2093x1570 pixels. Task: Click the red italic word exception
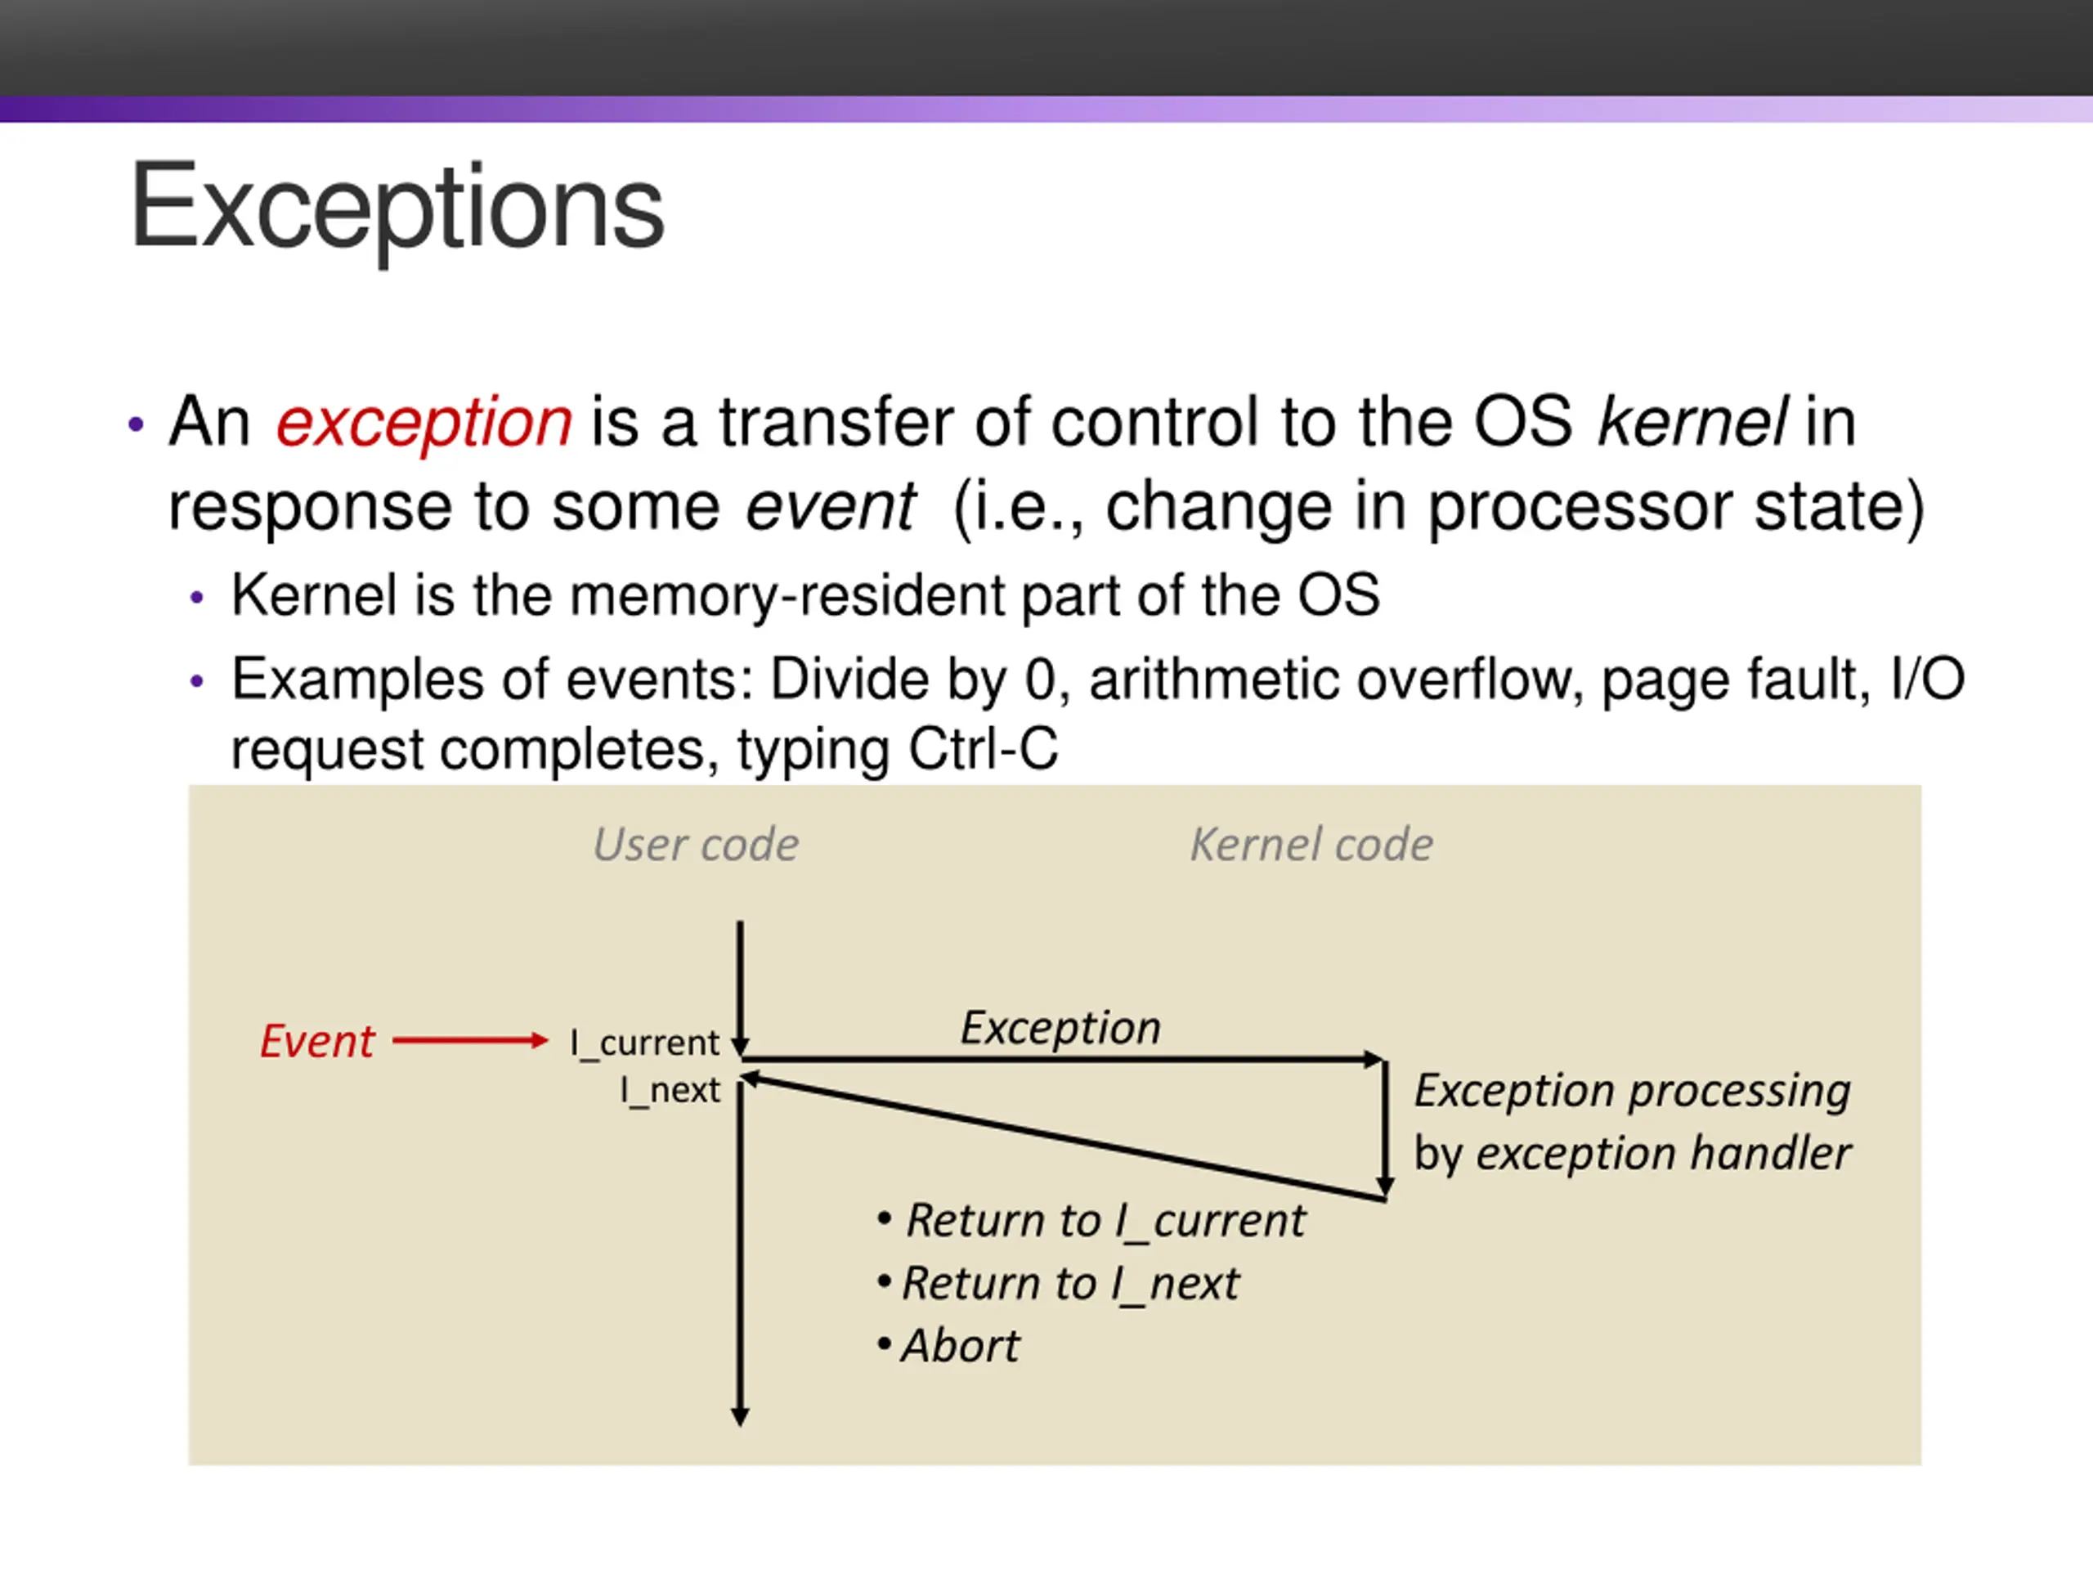pyautogui.click(x=424, y=423)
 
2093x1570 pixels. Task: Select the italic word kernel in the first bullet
pyautogui.click(x=1692, y=421)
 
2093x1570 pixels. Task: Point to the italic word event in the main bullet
pyautogui.click(x=831, y=507)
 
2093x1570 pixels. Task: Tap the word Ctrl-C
pyautogui.click(x=983, y=750)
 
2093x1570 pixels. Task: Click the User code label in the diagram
pyautogui.click(x=696, y=844)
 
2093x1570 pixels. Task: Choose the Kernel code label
pyautogui.click(x=1311, y=844)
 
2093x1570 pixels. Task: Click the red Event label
pyautogui.click(x=317, y=1042)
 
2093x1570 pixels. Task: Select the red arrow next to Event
pyautogui.click(x=470, y=1041)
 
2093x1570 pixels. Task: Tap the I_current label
pyautogui.click(x=644, y=1043)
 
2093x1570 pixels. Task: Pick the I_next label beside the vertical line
pyautogui.click(x=670, y=1090)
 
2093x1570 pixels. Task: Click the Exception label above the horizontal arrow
pyautogui.click(x=1060, y=1028)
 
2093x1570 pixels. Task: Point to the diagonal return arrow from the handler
pyautogui.click(x=1063, y=1138)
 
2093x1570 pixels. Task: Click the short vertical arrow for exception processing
pyautogui.click(x=1385, y=1128)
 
